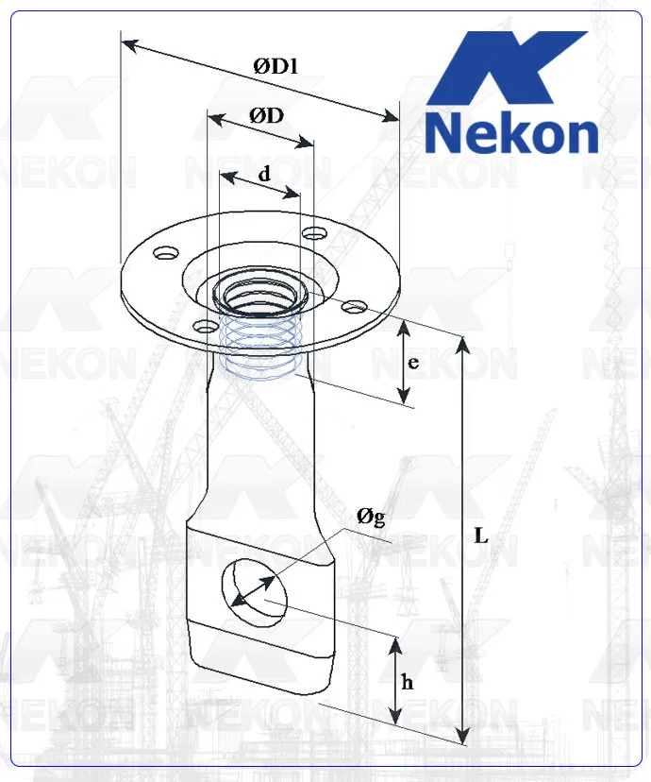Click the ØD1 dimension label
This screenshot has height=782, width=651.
275,65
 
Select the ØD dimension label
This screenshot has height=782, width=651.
267,115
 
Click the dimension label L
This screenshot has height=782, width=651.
481,535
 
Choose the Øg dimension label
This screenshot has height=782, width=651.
370,516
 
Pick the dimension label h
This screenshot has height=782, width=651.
407,683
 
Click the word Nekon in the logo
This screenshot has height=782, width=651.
511,135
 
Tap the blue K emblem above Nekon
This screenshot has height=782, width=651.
510,71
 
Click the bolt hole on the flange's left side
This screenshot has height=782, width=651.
166,253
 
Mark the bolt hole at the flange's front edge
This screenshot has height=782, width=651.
204,327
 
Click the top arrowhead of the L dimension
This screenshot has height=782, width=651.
462,344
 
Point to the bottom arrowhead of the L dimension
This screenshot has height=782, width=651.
462,736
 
